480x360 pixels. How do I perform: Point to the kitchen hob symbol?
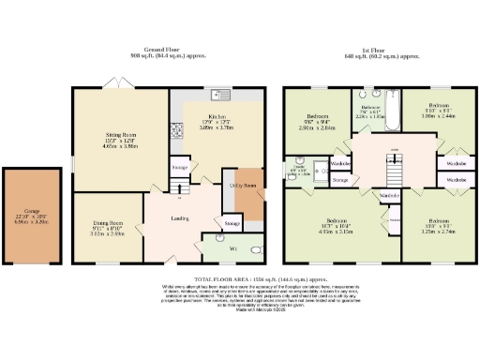pos(174,129)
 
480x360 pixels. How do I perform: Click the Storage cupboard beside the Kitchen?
pos(180,166)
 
